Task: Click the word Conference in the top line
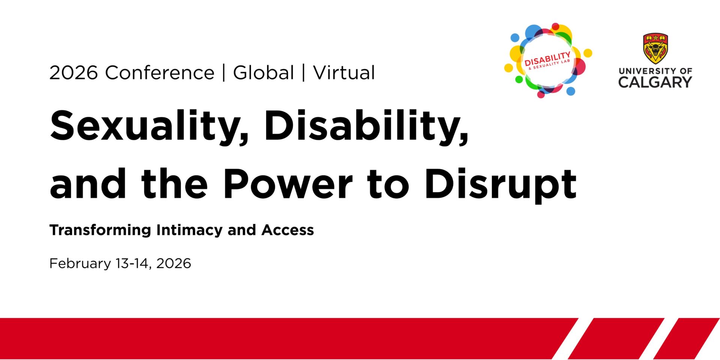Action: tap(159, 72)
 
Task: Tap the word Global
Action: tap(263, 72)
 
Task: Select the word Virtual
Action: tap(344, 72)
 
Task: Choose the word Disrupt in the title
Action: tap(500, 184)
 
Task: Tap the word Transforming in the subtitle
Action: tap(100, 230)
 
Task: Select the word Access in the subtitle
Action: tap(288, 230)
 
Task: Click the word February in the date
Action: tap(80, 263)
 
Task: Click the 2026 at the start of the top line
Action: tap(73, 72)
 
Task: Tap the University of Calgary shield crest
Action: tap(655, 48)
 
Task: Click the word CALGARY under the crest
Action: tap(655, 82)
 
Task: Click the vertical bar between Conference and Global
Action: tap(224, 72)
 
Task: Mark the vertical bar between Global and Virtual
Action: tap(303, 72)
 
